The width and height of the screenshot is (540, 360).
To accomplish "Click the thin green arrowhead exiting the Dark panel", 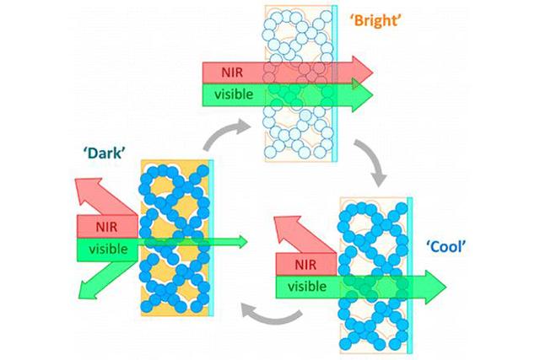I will click(x=243, y=243).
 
